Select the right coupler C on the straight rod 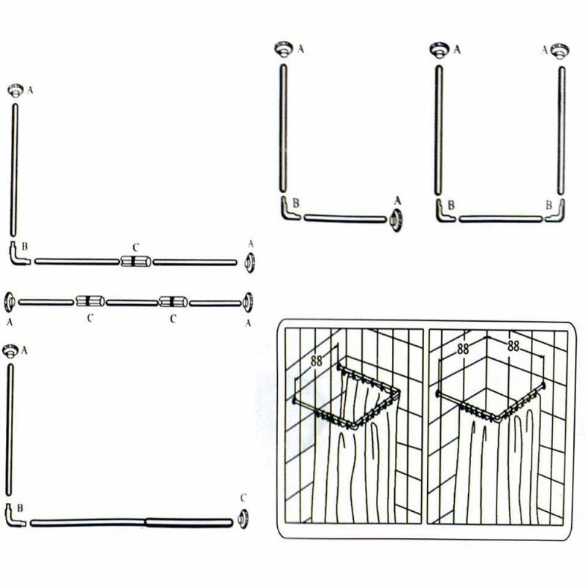click(173, 301)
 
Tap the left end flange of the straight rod click(10, 302)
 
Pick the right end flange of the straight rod click(248, 302)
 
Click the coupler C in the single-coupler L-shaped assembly click(136, 261)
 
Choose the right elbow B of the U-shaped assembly click(556, 212)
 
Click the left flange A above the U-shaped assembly click(440, 50)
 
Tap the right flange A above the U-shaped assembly click(559, 50)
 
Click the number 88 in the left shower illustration click(317, 361)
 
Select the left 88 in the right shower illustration click(463, 349)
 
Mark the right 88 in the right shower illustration click(513, 347)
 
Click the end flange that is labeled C click(244, 518)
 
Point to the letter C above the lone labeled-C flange click(244, 498)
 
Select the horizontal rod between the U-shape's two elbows click(500, 219)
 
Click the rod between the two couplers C click(132, 303)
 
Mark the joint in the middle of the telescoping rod click(145, 522)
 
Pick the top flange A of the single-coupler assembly click(15, 91)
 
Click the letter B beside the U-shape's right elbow click(549, 205)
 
